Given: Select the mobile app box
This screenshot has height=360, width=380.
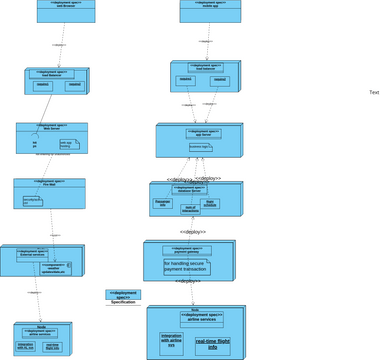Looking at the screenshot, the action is (206, 11).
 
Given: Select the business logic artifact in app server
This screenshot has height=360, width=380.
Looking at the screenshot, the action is (200, 146).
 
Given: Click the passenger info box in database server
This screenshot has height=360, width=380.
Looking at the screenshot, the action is (163, 203).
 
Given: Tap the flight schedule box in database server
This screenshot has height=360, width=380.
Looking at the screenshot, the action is (211, 203).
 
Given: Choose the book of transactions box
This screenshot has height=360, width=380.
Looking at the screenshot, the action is (191, 208).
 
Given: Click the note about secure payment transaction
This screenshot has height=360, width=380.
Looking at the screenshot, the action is (187, 267).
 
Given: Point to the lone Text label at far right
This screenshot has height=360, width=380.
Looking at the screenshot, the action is (373, 93).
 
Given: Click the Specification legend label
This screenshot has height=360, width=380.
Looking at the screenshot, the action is (123, 301).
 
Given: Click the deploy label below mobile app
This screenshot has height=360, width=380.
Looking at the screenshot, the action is (207, 42).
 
